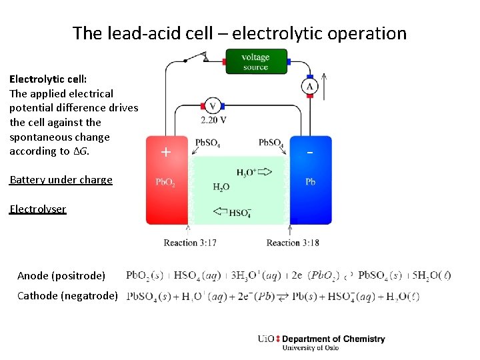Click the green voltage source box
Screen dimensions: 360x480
255,61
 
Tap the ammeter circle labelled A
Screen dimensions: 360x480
310,87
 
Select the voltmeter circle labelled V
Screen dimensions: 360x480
213,106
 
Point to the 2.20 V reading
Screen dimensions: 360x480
213,120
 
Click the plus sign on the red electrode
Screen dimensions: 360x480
166,152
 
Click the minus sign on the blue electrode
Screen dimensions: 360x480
310,152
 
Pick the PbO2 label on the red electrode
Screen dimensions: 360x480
165,182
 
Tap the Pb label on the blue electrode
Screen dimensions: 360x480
311,181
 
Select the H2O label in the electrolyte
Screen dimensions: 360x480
221,187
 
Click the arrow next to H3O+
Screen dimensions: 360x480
264,172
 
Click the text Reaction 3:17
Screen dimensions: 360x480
190,243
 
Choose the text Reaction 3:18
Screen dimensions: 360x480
293,243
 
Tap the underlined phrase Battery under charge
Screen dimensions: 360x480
61,179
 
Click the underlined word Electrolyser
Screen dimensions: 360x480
38,209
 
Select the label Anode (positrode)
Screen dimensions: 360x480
61,275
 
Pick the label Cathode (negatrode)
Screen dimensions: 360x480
67,295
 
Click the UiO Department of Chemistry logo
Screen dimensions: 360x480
321,342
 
